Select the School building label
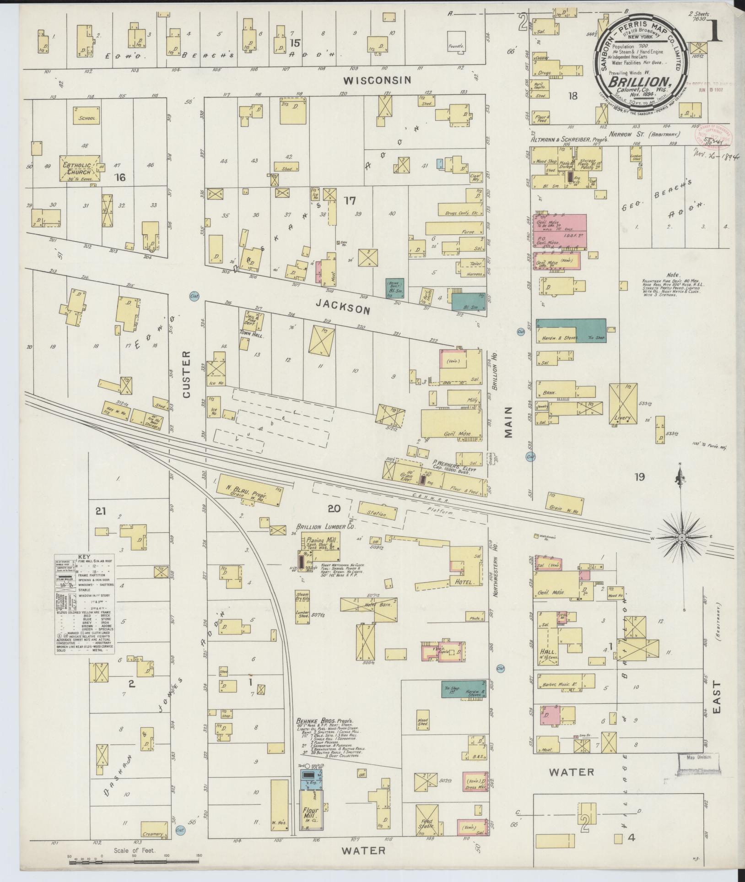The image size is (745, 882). [87, 118]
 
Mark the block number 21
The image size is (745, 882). [100, 510]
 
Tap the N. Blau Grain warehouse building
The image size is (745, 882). [249, 491]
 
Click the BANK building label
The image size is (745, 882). [549, 393]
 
